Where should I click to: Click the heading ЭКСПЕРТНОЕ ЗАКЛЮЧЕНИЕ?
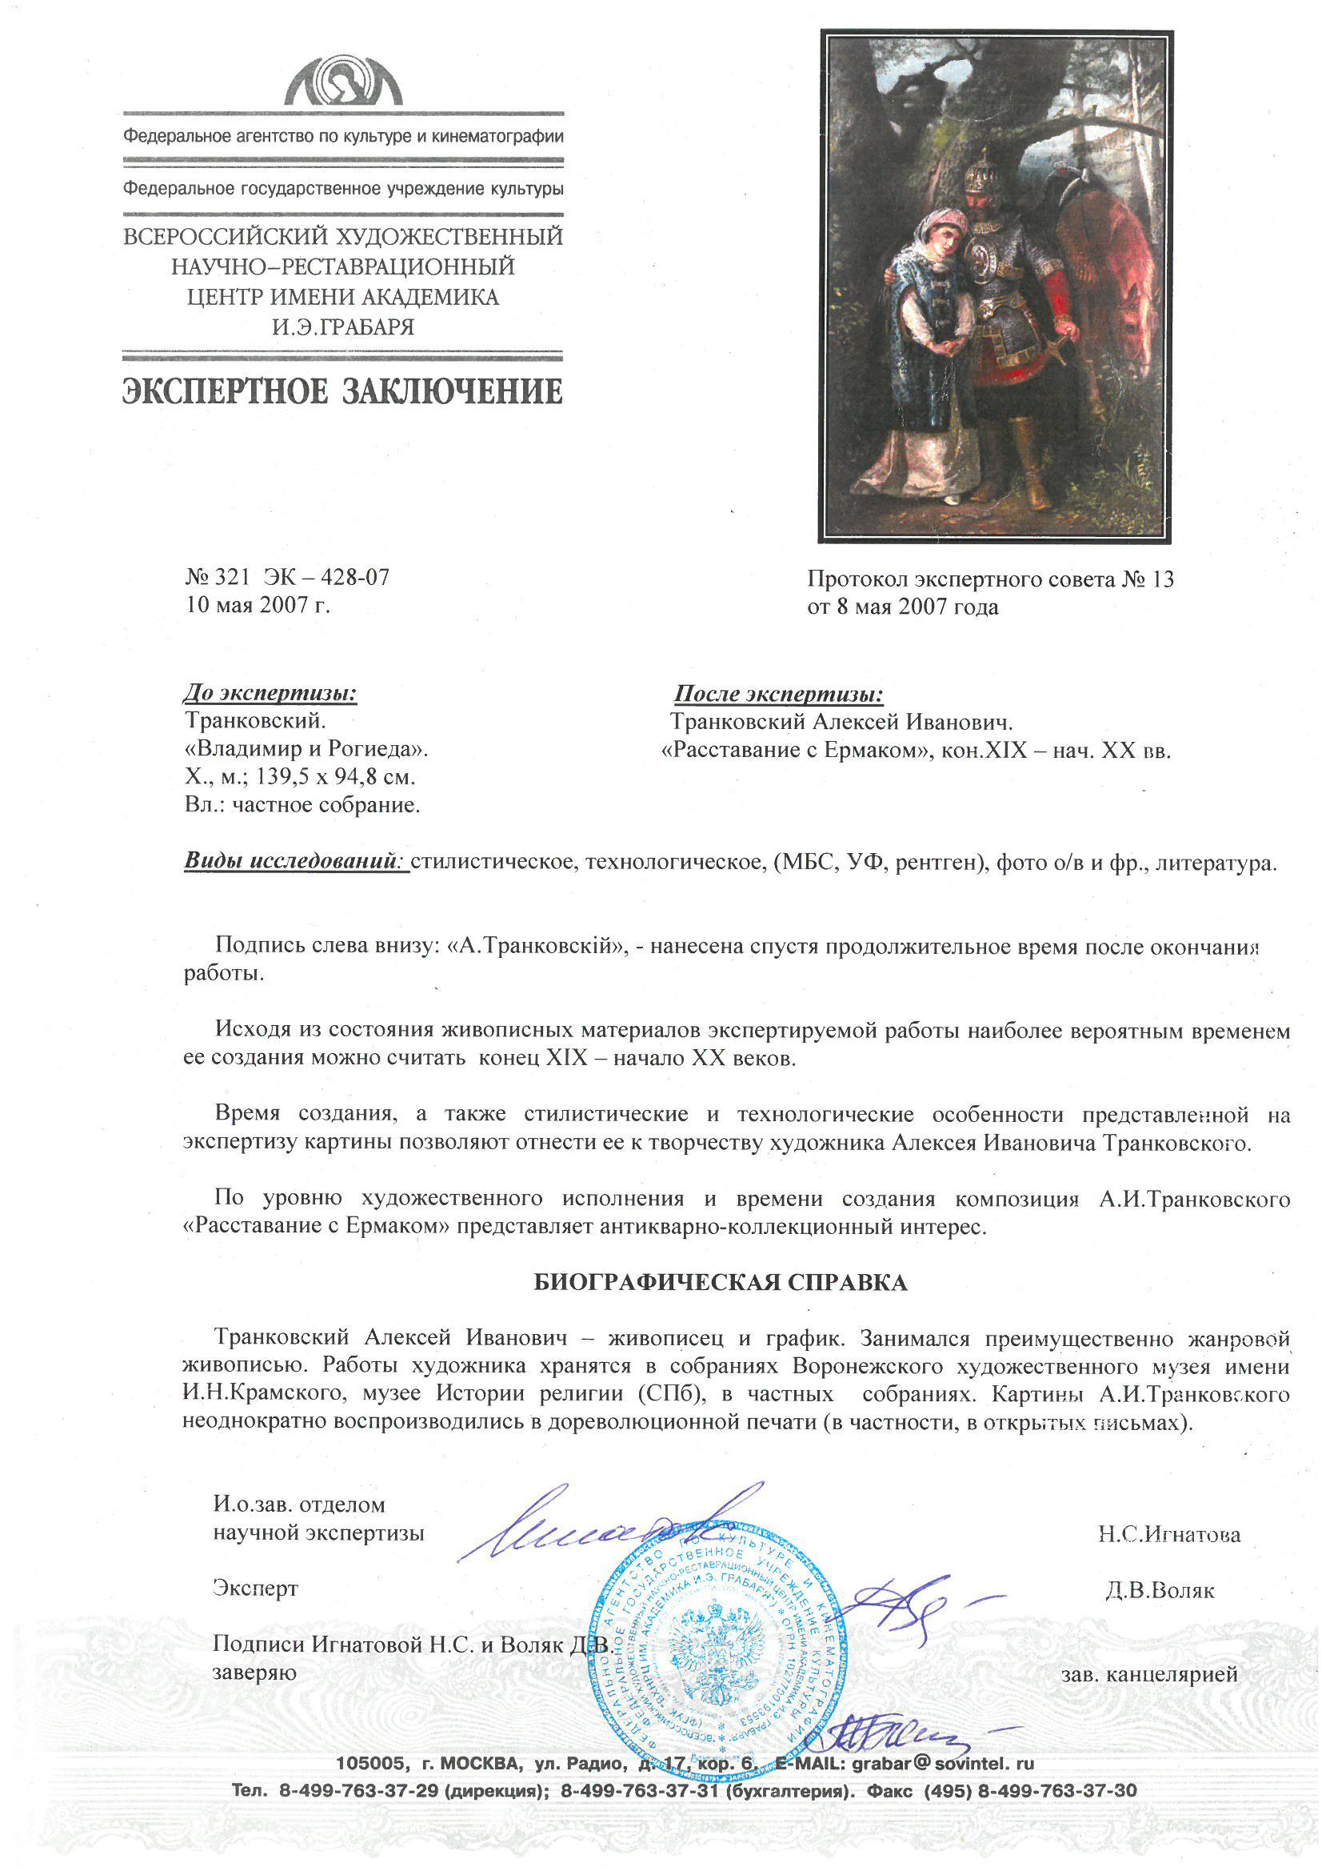[x=342, y=392]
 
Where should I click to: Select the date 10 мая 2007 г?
[x=258, y=605]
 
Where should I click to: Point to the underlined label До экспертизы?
[x=270, y=694]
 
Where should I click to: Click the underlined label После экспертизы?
[x=779, y=695]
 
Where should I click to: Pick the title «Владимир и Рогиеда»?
[x=306, y=749]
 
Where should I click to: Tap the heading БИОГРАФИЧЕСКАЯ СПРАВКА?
[x=720, y=1283]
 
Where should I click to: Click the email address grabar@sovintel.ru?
[x=942, y=1765]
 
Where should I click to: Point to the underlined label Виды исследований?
[x=295, y=861]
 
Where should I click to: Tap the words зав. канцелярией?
[x=1148, y=1675]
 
